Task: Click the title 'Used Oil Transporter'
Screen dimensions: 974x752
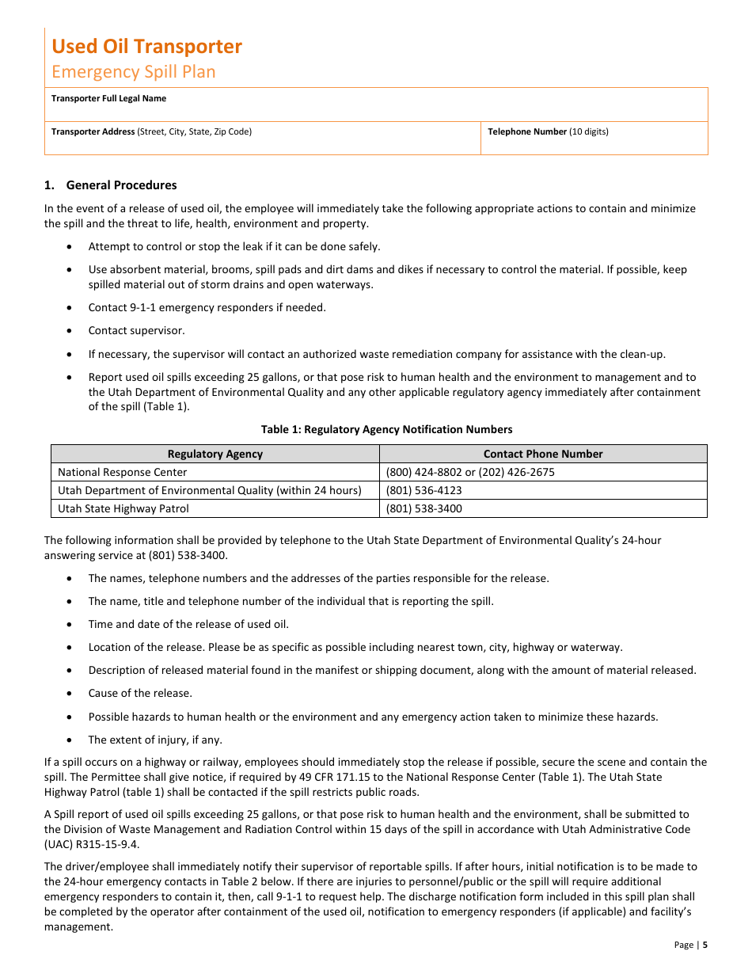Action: tap(146, 46)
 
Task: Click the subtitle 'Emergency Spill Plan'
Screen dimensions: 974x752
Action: tap(133, 71)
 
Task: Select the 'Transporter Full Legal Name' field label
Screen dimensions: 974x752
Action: tap(108, 98)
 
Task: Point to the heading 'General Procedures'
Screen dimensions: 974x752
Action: tap(121, 185)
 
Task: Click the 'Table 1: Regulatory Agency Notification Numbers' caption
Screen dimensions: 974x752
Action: tap(386, 429)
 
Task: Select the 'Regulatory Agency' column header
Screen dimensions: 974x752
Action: tap(215, 454)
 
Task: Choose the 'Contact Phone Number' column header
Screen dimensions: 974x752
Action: tap(542, 454)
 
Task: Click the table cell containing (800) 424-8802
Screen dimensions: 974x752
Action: tap(470, 472)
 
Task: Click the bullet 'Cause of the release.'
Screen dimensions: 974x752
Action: tap(139, 693)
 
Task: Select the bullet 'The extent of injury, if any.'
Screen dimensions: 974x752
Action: tap(155, 740)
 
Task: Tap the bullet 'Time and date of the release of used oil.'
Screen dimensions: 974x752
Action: tap(188, 624)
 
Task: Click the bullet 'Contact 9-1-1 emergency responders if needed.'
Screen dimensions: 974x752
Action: tap(207, 307)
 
